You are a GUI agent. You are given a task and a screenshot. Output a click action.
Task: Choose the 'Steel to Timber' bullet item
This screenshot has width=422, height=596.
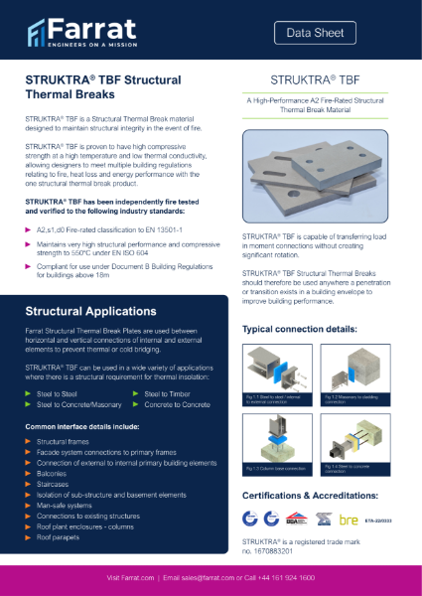[168, 393]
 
